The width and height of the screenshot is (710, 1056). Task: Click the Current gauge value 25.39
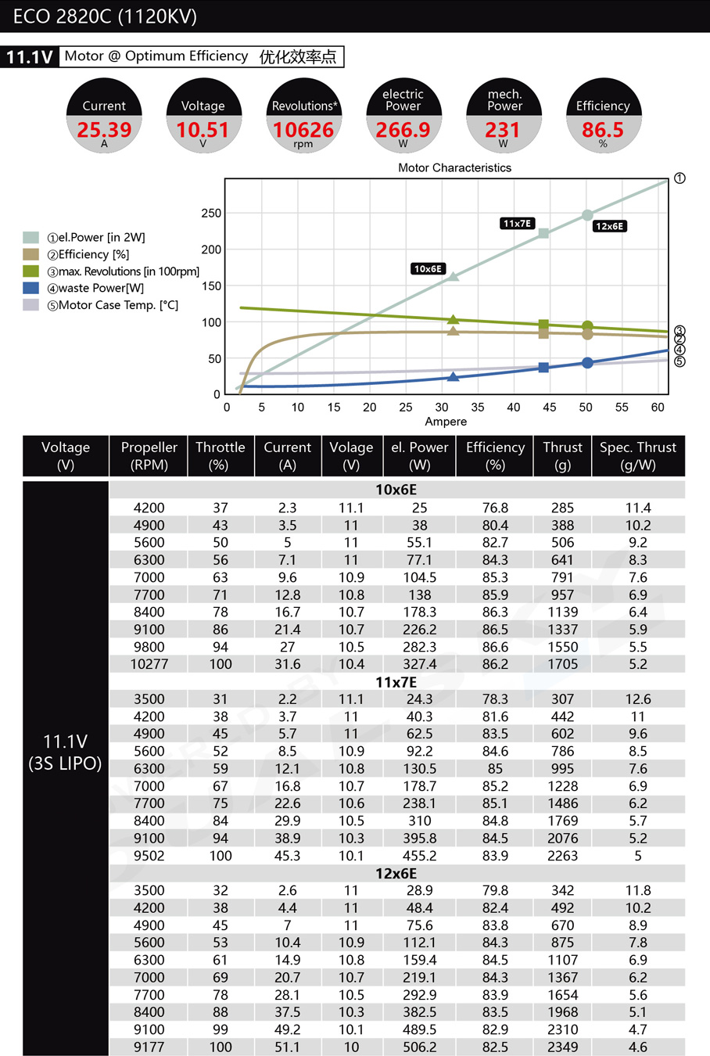(104, 130)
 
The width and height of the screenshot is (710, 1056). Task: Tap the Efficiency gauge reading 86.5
(603, 130)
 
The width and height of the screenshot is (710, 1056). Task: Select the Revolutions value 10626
(303, 130)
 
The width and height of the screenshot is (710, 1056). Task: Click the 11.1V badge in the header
(30, 57)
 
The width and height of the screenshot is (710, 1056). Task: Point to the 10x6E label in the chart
(428, 269)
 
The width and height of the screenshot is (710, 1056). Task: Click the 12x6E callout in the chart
(609, 226)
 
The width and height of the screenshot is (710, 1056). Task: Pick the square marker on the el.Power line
(543, 233)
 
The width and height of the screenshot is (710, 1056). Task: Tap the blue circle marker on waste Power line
(587, 363)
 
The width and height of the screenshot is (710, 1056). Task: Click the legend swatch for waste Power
(30, 288)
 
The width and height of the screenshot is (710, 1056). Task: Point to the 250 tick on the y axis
(211, 213)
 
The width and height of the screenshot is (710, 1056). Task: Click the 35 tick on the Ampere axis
(477, 407)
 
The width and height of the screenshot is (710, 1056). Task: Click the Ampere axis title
(446, 422)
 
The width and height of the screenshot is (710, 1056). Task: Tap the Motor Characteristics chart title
(454, 167)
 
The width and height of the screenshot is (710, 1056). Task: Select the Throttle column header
(220, 456)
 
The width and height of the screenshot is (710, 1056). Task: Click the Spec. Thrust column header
(637, 456)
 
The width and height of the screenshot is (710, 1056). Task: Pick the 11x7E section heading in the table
(396, 682)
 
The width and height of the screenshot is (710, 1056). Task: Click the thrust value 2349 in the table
(562, 1047)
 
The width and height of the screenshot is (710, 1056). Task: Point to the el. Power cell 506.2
(419, 1047)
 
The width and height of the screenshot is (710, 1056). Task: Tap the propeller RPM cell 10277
(149, 664)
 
